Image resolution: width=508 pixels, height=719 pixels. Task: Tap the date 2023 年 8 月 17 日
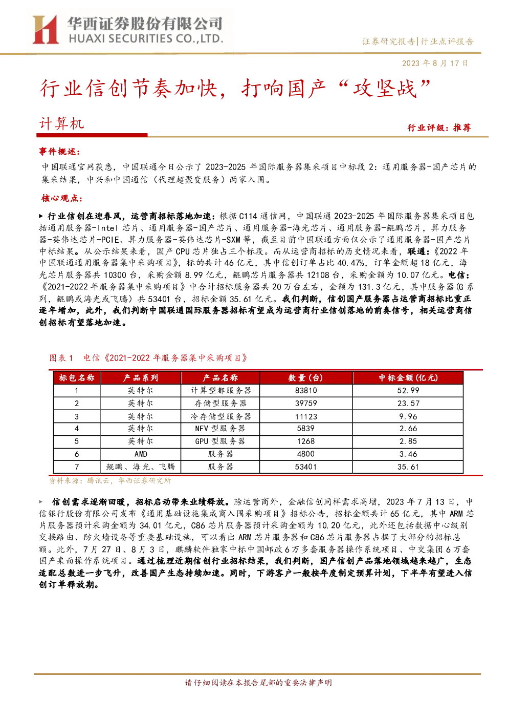click(434, 63)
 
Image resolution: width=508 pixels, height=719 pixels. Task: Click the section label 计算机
click(61, 124)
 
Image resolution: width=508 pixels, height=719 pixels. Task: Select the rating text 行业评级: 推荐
click(439, 128)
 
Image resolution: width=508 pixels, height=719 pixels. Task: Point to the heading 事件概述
click(59, 151)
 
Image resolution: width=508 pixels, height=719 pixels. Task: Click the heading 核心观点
click(61, 198)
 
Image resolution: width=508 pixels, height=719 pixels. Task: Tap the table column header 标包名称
click(77, 378)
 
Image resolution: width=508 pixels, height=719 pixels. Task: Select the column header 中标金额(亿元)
click(408, 378)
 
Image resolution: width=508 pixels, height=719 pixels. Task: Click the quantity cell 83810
click(306, 390)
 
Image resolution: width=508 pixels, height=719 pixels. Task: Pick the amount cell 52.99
click(408, 390)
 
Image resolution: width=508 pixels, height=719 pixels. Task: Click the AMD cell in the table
click(141, 454)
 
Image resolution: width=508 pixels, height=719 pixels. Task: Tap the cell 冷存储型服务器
click(220, 416)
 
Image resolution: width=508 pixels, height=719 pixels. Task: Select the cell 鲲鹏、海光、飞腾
click(141, 467)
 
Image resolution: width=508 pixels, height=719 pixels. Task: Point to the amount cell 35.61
click(408, 467)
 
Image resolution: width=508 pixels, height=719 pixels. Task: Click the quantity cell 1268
click(306, 441)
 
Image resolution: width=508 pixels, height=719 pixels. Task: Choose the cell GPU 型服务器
click(220, 441)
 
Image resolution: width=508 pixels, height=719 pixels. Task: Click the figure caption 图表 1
click(61, 357)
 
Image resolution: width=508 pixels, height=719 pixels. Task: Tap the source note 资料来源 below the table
click(110, 480)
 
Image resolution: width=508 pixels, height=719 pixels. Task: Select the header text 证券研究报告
click(388, 41)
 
